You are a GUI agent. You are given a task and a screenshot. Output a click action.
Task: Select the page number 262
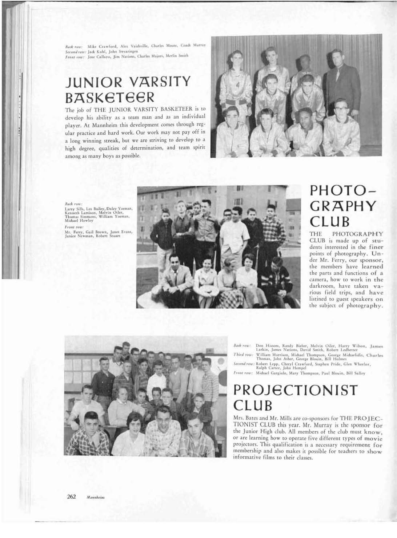click(71, 497)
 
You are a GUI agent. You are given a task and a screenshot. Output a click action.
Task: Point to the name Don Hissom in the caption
click(268, 346)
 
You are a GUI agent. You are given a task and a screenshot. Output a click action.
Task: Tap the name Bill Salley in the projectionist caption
click(357, 373)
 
